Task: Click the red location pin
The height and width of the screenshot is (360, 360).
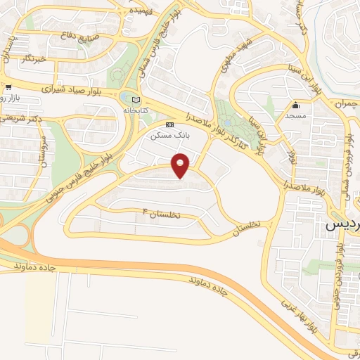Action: [181, 165]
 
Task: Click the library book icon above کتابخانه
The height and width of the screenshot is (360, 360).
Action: [136, 100]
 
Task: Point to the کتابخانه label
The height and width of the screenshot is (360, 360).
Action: [136, 110]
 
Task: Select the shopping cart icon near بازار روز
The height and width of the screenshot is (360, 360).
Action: [6, 88]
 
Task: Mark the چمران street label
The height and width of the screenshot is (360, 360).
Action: [345, 104]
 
